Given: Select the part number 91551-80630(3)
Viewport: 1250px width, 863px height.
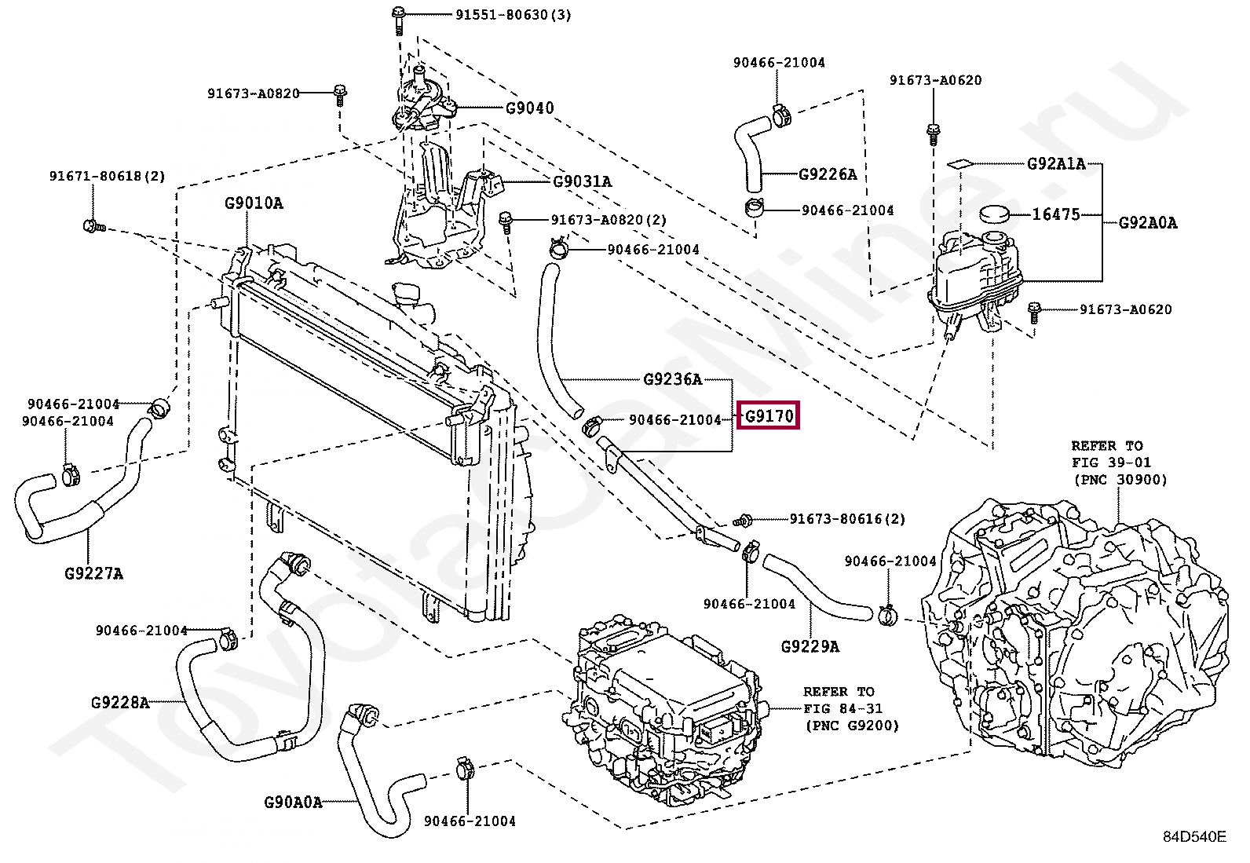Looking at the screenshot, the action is [514, 14].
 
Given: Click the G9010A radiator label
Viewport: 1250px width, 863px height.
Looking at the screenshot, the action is [254, 203].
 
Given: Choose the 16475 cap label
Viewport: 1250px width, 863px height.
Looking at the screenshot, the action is [1056, 214].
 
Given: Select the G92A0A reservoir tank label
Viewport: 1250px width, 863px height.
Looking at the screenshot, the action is [1148, 223].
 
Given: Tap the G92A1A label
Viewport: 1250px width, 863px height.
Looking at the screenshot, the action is [1056, 163].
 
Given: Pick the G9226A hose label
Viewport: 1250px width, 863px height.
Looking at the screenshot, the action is [828, 174].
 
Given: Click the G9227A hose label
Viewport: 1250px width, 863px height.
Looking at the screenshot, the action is [93, 573].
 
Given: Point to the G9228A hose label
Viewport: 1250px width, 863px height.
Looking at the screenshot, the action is [120, 702].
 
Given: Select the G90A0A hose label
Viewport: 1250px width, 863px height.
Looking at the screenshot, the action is [293, 803].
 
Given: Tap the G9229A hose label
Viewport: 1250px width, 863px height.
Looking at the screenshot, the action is [810, 646].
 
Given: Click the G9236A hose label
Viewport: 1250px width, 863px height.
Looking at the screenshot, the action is [672, 379].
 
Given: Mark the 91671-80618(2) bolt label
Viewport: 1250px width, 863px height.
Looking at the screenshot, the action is [107, 177].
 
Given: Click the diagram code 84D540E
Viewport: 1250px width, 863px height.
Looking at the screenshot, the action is [1194, 837].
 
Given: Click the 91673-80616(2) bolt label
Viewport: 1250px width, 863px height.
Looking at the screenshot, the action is [847, 519].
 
